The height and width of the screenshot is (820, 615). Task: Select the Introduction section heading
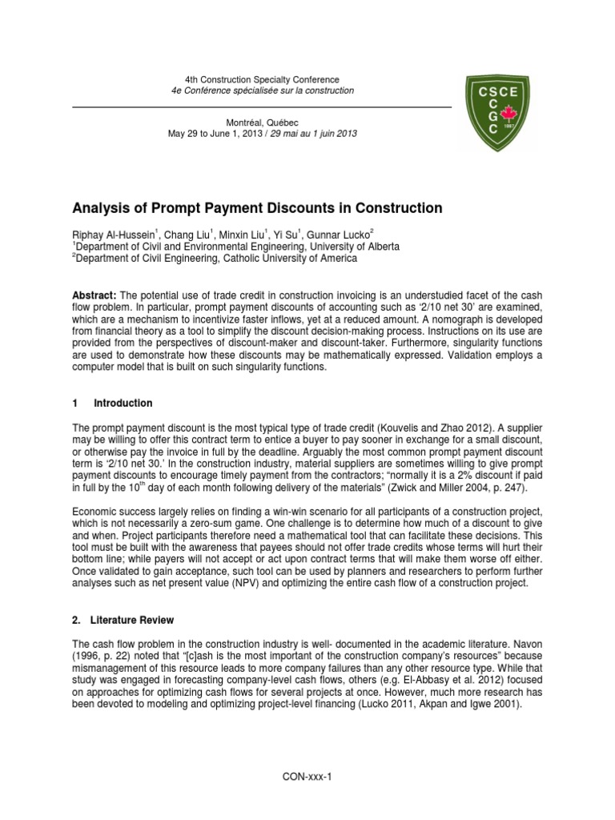[123, 403]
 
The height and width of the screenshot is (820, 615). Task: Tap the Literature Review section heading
[130, 620]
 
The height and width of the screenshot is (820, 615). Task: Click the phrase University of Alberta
[355, 247]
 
